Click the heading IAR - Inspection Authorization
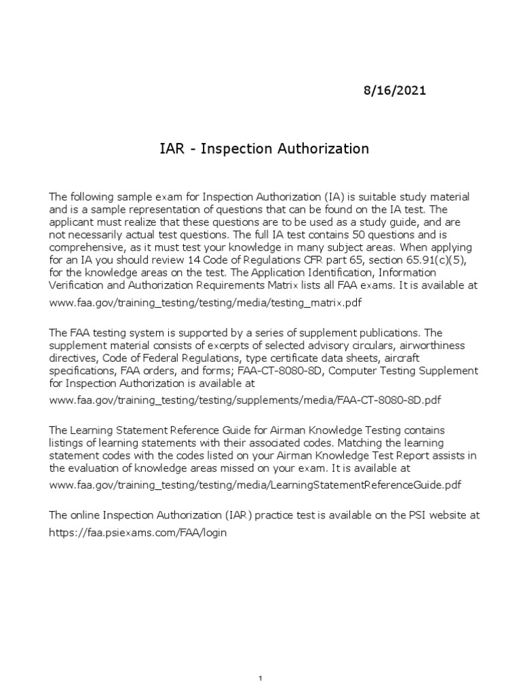260,149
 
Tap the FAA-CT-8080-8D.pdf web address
246,400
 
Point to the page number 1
260,659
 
